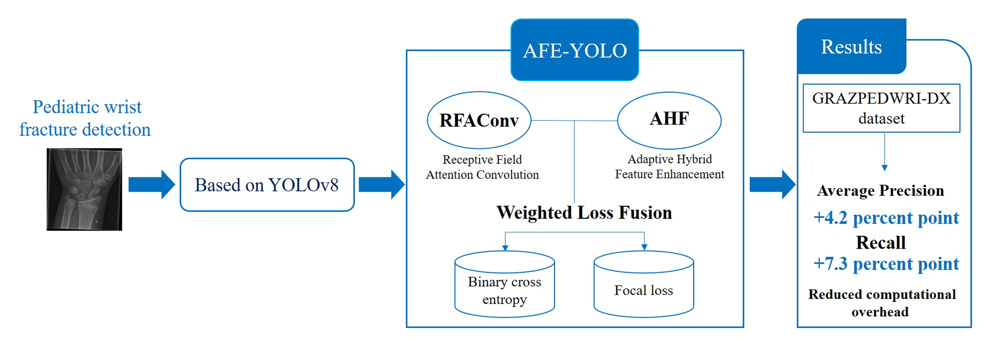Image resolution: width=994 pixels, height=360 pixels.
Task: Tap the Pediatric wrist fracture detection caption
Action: (x=85, y=118)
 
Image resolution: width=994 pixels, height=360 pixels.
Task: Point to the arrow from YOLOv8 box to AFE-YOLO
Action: (x=381, y=184)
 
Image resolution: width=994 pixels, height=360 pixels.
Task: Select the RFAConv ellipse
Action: (x=479, y=120)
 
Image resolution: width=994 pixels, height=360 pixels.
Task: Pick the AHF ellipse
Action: (x=669, y=120)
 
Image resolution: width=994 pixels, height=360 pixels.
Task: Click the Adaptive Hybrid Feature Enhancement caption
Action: (x=669, y=167)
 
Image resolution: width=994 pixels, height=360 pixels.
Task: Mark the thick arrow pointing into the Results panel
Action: (x=772, y=184)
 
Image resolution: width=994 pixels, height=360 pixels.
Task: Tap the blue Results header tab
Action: (x=851, y=47)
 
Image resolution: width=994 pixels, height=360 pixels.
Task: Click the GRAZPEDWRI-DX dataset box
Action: (x=881, y=108)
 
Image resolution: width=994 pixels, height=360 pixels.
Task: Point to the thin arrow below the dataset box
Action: (x=884, y=152)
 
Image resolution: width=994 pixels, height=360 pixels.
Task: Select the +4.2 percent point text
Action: (x=886, y=218)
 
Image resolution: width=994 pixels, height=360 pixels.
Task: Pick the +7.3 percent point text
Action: (x=886, y=264)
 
